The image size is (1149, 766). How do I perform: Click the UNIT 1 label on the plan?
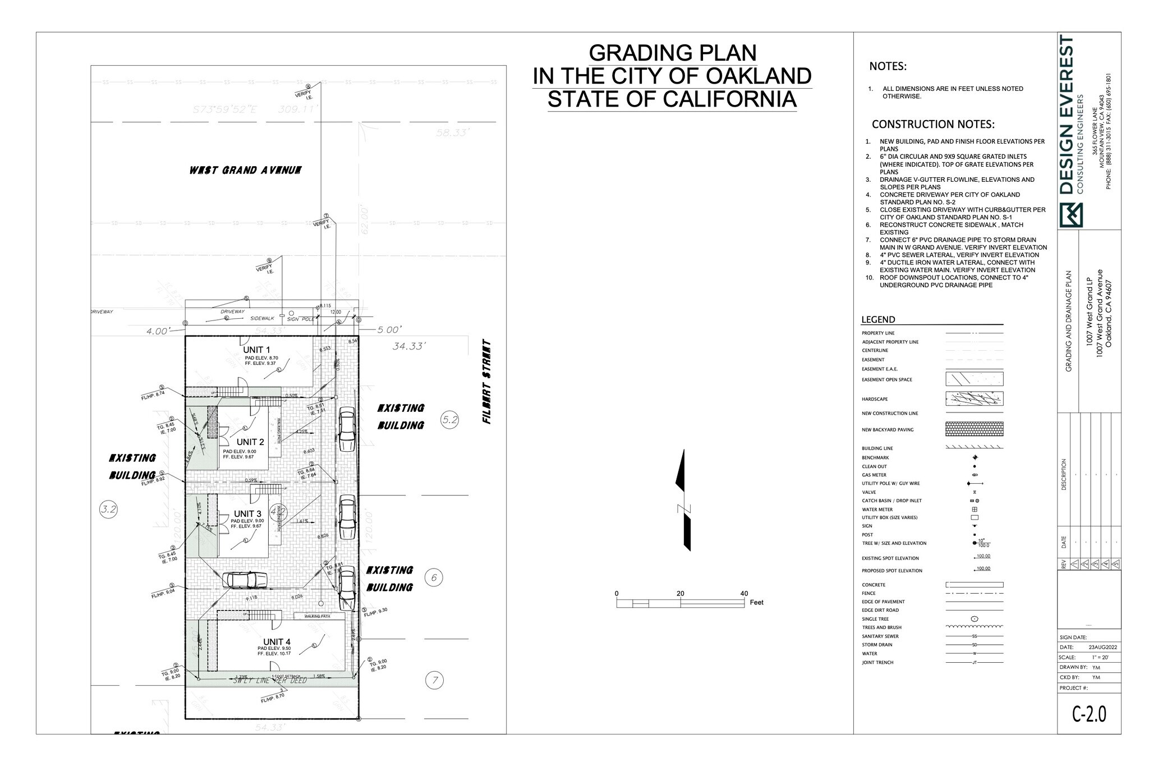coord(256,350)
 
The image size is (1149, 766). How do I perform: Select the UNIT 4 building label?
coord(277,642)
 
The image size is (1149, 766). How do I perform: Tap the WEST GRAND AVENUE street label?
coord(245,170)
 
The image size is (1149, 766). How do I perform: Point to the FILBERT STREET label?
coord(487,382)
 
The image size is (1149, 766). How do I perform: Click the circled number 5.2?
coord(450,419)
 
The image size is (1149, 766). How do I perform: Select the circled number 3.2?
coord(108,510)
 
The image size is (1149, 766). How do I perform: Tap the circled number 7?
coord(435,681)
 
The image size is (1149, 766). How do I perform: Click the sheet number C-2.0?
coord(1089,714)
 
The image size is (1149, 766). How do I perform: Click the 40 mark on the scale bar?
coord(744,594)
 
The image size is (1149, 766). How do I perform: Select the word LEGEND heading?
coord(878,320)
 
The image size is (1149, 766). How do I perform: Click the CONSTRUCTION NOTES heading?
coord(933,124)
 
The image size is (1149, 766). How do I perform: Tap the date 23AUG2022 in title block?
coord(1102,647)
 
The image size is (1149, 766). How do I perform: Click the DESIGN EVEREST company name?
coord(1067,116)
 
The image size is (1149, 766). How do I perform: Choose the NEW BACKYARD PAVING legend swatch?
coord(975,429)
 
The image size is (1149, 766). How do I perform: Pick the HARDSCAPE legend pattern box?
coord(975,399)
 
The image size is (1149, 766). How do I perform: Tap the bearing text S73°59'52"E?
coord(225,109)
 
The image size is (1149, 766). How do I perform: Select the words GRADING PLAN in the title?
coord(672,53)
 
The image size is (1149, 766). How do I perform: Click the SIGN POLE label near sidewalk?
coord(300,319)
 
